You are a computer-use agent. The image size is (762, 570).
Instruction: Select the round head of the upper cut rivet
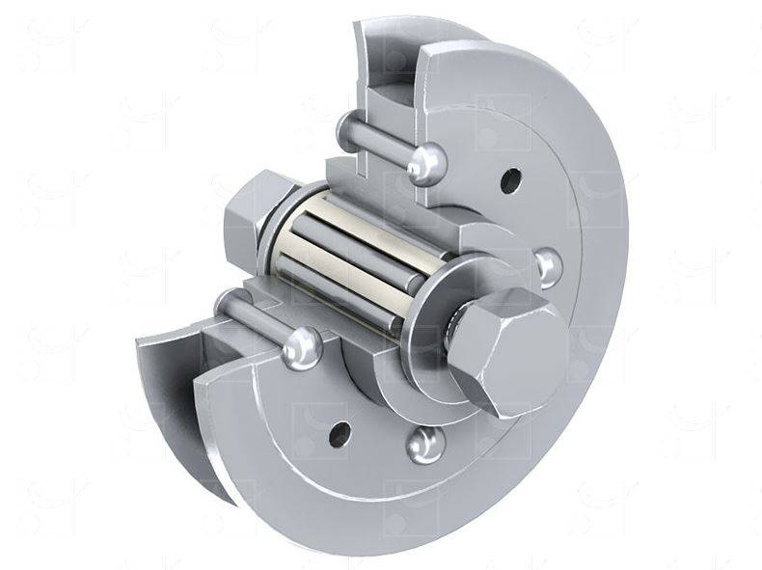[424, 163]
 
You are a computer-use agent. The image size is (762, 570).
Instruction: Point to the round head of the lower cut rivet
[302, 345]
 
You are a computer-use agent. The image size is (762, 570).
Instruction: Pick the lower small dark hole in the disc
[339, 434]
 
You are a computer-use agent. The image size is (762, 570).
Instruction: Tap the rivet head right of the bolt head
[548, 265]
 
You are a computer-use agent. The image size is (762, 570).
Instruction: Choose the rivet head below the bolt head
[425, 443]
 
